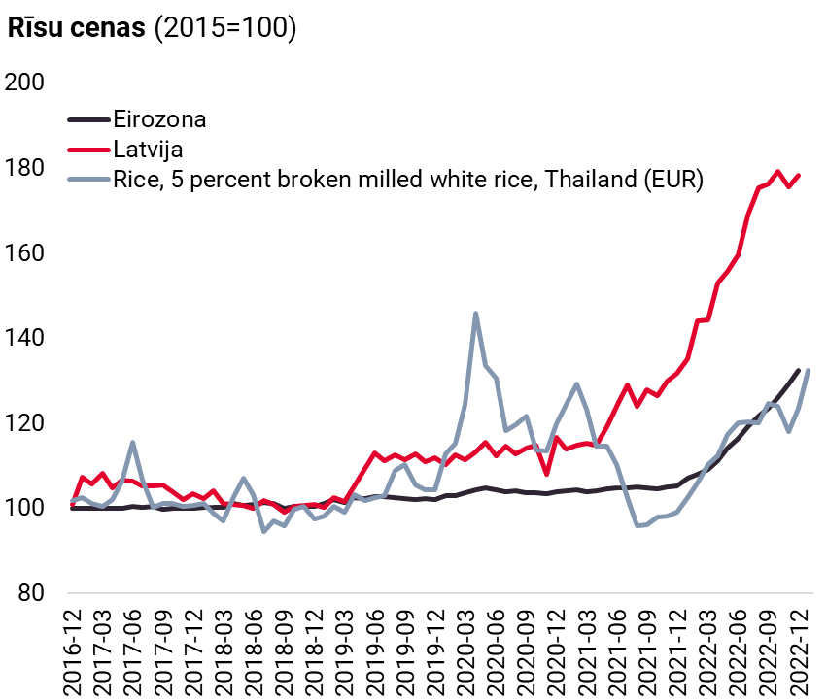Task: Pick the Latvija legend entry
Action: pos(149,150)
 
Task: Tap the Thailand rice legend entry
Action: pos(407,180)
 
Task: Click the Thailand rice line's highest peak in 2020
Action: pos(475,314)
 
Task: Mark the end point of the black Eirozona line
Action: pos(798,370)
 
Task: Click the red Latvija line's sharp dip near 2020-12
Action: pos(547,474)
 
